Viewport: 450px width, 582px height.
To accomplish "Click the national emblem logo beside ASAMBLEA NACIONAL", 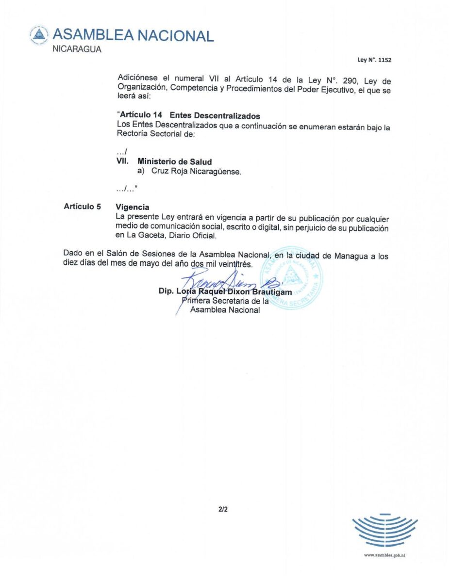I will click(x=39, y=34).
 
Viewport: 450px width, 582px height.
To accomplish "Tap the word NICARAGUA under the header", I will click(x=77, y=49).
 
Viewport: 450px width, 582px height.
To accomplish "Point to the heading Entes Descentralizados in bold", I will click(x=215, y=116).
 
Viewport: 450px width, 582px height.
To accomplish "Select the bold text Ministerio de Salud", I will click(x=175, y=162).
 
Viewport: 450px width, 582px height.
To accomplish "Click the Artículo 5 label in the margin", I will click(x=82, y=206).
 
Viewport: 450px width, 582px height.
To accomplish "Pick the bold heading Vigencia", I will click(x=133, y=207).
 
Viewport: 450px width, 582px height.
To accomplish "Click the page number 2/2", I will click(x=223, y=510).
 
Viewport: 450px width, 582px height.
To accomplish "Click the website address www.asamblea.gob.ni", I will click(x=384, y=555).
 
